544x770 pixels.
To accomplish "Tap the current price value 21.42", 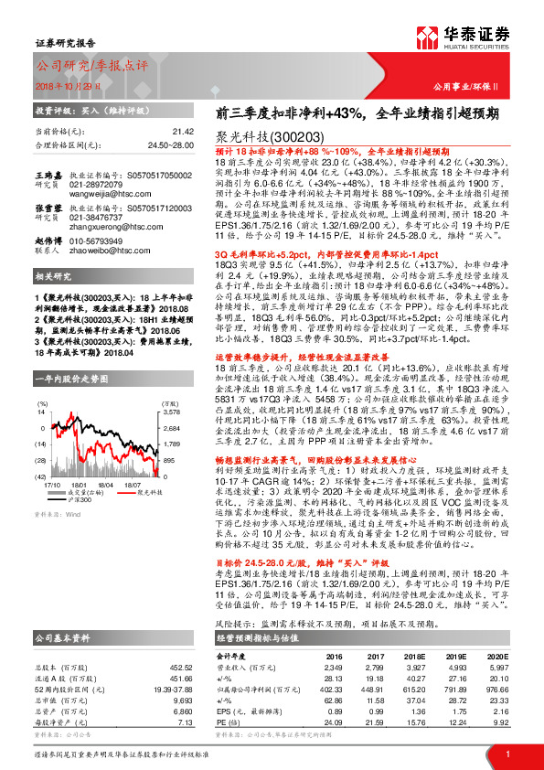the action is pos(183,132).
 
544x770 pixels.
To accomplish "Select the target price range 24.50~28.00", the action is pos(172,145).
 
